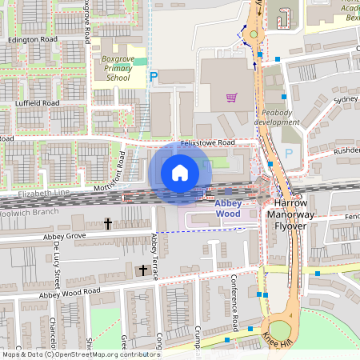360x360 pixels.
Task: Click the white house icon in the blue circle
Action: pos(180,172)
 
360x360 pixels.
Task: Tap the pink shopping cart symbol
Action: pos(232,98)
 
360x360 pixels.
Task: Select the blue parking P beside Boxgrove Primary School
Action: pos(154,77)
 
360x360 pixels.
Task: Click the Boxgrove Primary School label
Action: pos(114,68)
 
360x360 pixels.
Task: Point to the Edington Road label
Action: pos(33,38)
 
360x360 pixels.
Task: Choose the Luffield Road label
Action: pos(37,103)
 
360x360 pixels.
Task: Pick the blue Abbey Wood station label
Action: pos(227,209)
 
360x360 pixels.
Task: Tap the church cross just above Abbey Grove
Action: pos(107,224)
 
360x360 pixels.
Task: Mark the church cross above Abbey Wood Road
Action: pos(143,270)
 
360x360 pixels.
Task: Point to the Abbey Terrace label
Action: pos(155,256)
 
